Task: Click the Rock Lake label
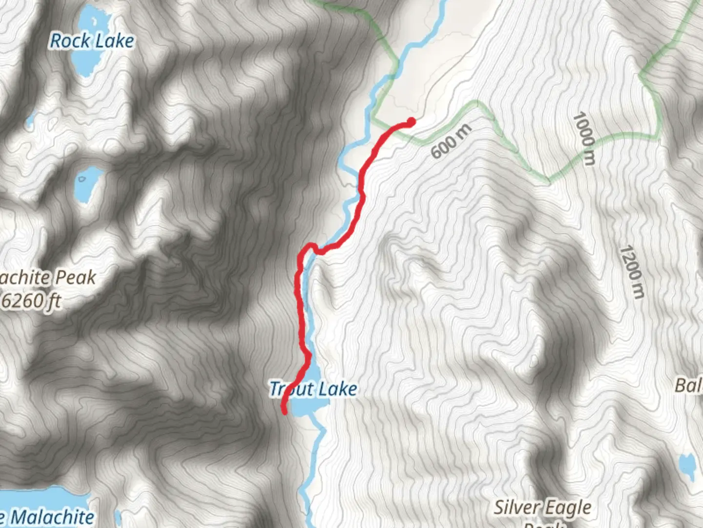coord(92,41)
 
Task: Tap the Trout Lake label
coord(313,389)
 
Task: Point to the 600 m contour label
coord(452,142)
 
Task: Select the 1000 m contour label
coord(584,138)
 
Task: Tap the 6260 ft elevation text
coord(31,301)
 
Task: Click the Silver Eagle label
coord(542,507)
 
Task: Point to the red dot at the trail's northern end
coord(411,121)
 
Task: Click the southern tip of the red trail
coord(285,412)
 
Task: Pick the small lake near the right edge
coord(687,467)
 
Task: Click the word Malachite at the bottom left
coord(52,517)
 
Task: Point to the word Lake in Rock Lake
coord(115,41)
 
